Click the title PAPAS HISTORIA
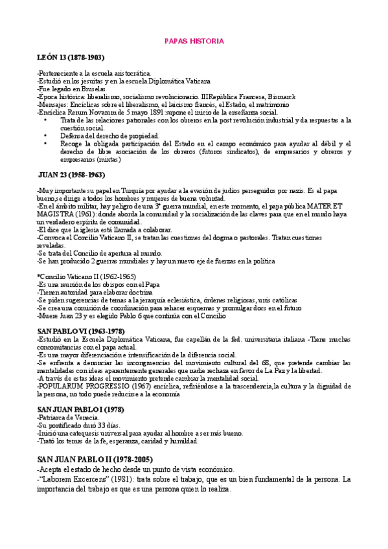point(194,41)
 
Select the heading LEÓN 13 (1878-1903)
point(71,58)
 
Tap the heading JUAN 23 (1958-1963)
point(73,175)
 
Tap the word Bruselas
point(82,89)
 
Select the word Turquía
point(138,190)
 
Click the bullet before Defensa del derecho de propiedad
point(45,135)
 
